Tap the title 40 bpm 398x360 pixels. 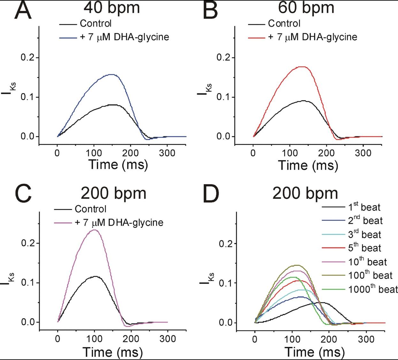pos(113,8)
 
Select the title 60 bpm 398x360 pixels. pos(306,8)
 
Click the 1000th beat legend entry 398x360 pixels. pos(372,289)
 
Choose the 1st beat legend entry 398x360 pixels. pos(364,207)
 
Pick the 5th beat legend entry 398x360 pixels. pos(364,248)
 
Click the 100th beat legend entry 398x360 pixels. pos(370,275)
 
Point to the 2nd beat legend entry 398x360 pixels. pos(365,221)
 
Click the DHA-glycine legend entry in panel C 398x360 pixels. pos(119,222)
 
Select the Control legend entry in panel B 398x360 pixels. pos(284,23)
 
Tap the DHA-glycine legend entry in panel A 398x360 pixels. pos(124,37)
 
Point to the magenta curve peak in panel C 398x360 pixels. pos(95,230)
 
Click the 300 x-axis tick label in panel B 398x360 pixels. pos(363,153)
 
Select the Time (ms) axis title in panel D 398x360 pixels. pos(315,352)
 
